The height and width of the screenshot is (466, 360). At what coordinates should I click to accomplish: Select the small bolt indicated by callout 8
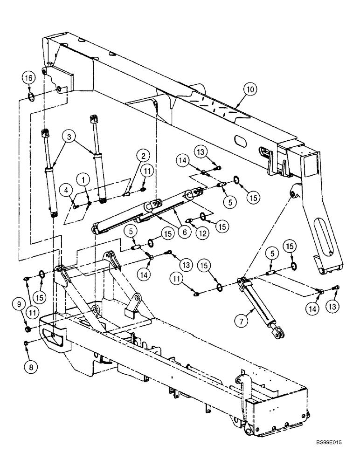tap(27, 343)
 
